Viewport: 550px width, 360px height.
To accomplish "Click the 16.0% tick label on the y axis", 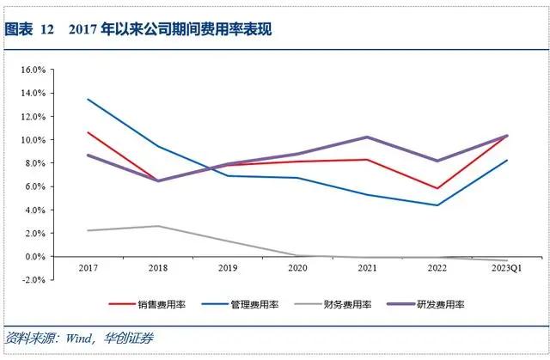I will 32,70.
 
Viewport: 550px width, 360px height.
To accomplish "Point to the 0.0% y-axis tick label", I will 34,257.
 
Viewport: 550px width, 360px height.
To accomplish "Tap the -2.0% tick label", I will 33,280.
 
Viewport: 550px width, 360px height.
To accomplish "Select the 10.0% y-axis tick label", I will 32,140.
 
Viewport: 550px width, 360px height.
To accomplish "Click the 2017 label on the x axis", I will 89,268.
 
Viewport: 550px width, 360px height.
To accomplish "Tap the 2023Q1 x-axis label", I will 506,268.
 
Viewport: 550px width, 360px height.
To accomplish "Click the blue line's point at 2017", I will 89,99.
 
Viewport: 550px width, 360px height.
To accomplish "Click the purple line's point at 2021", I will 368,137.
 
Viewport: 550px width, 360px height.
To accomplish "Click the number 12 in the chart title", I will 47,29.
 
